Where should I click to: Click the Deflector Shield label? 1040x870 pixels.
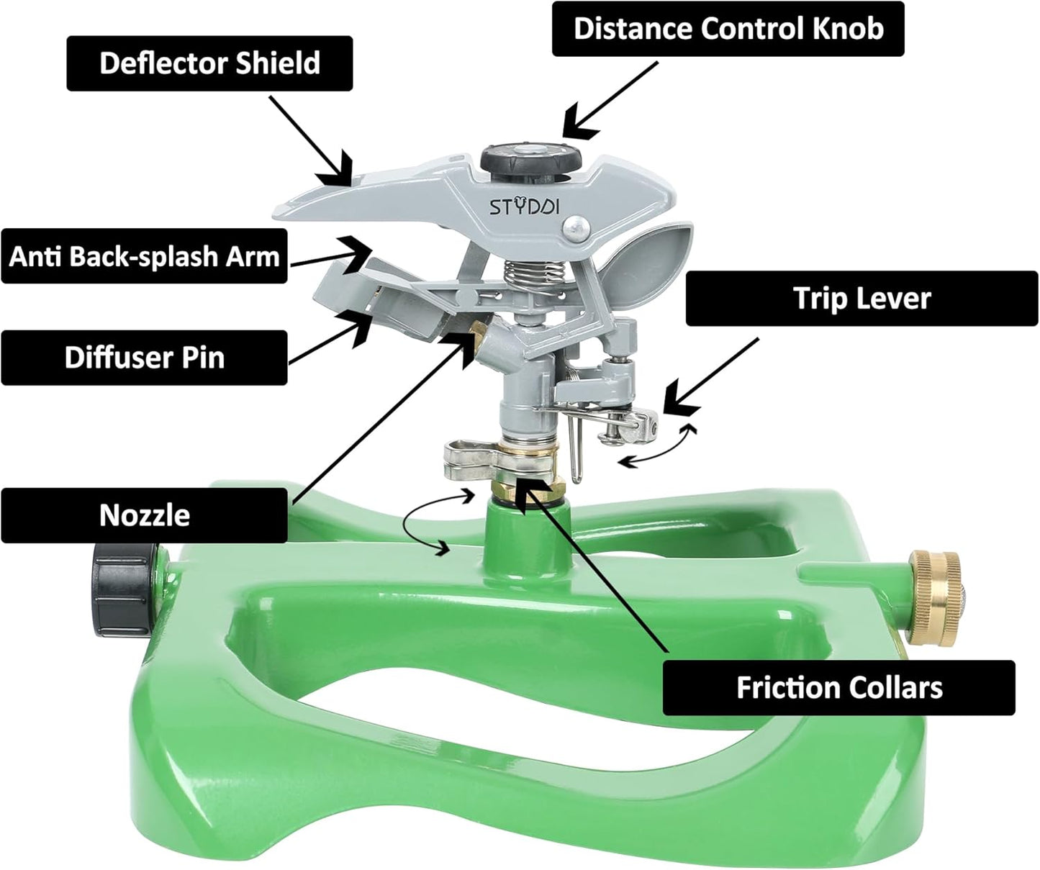209,63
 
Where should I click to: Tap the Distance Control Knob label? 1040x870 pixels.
728,29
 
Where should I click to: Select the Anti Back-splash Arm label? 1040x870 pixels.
144,256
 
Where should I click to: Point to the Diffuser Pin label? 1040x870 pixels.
144,358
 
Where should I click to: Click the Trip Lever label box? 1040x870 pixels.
862,299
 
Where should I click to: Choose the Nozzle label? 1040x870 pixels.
144,515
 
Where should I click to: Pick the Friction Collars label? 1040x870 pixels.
838,688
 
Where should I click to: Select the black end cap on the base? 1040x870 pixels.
125,589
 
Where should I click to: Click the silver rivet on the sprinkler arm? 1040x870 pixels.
576,230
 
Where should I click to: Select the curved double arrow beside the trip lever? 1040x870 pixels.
659,446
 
